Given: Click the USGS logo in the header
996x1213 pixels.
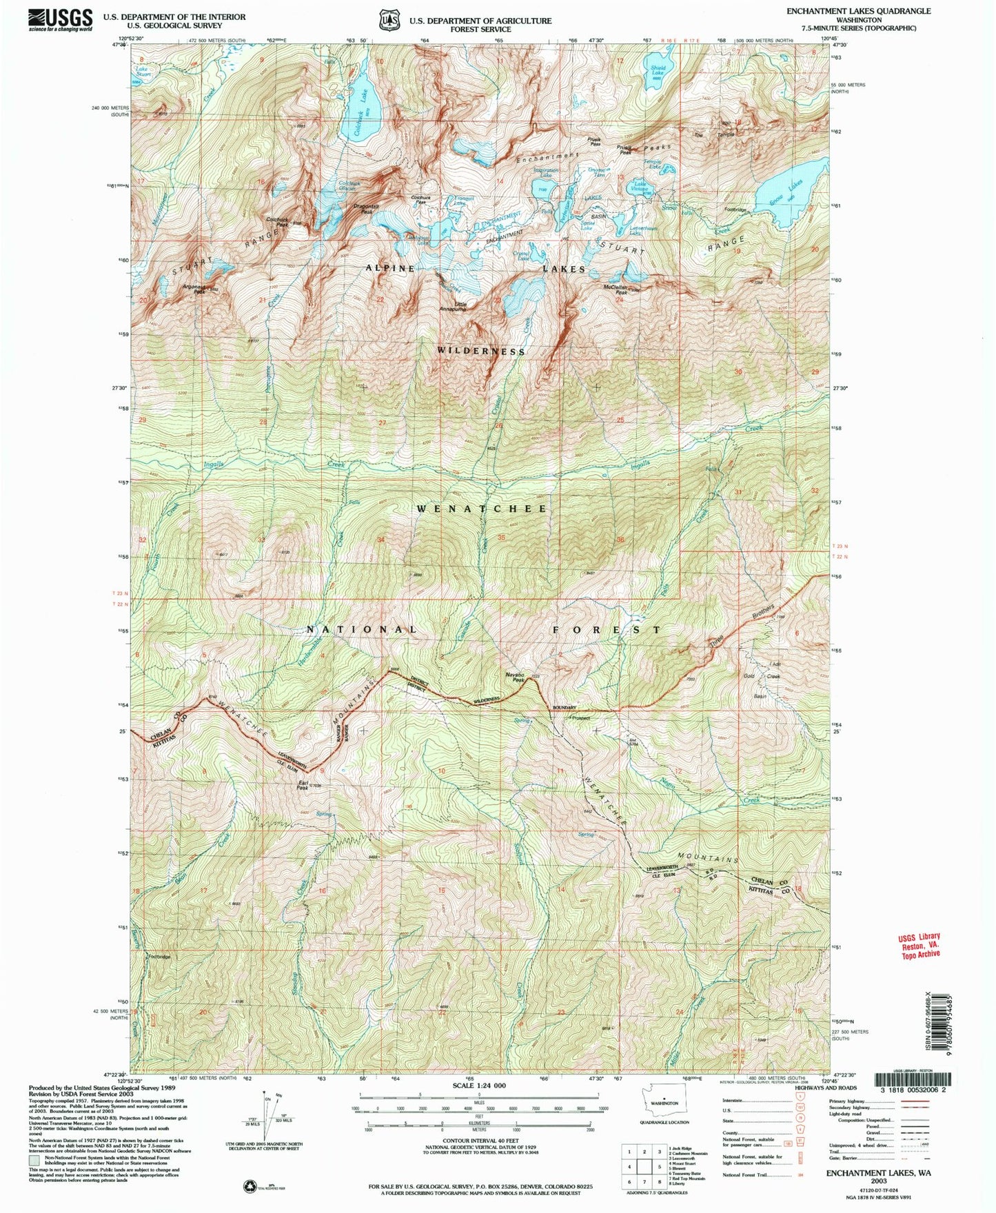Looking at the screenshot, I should point(61,19).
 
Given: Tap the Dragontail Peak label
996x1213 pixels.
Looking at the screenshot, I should point(367,209).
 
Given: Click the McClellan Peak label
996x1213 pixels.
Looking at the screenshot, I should point(619,290).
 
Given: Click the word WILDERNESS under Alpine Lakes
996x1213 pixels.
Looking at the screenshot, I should point(481,351).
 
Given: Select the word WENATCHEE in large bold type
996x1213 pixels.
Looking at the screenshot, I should point(482,509).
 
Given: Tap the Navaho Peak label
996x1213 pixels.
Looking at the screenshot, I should point(514,677).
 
